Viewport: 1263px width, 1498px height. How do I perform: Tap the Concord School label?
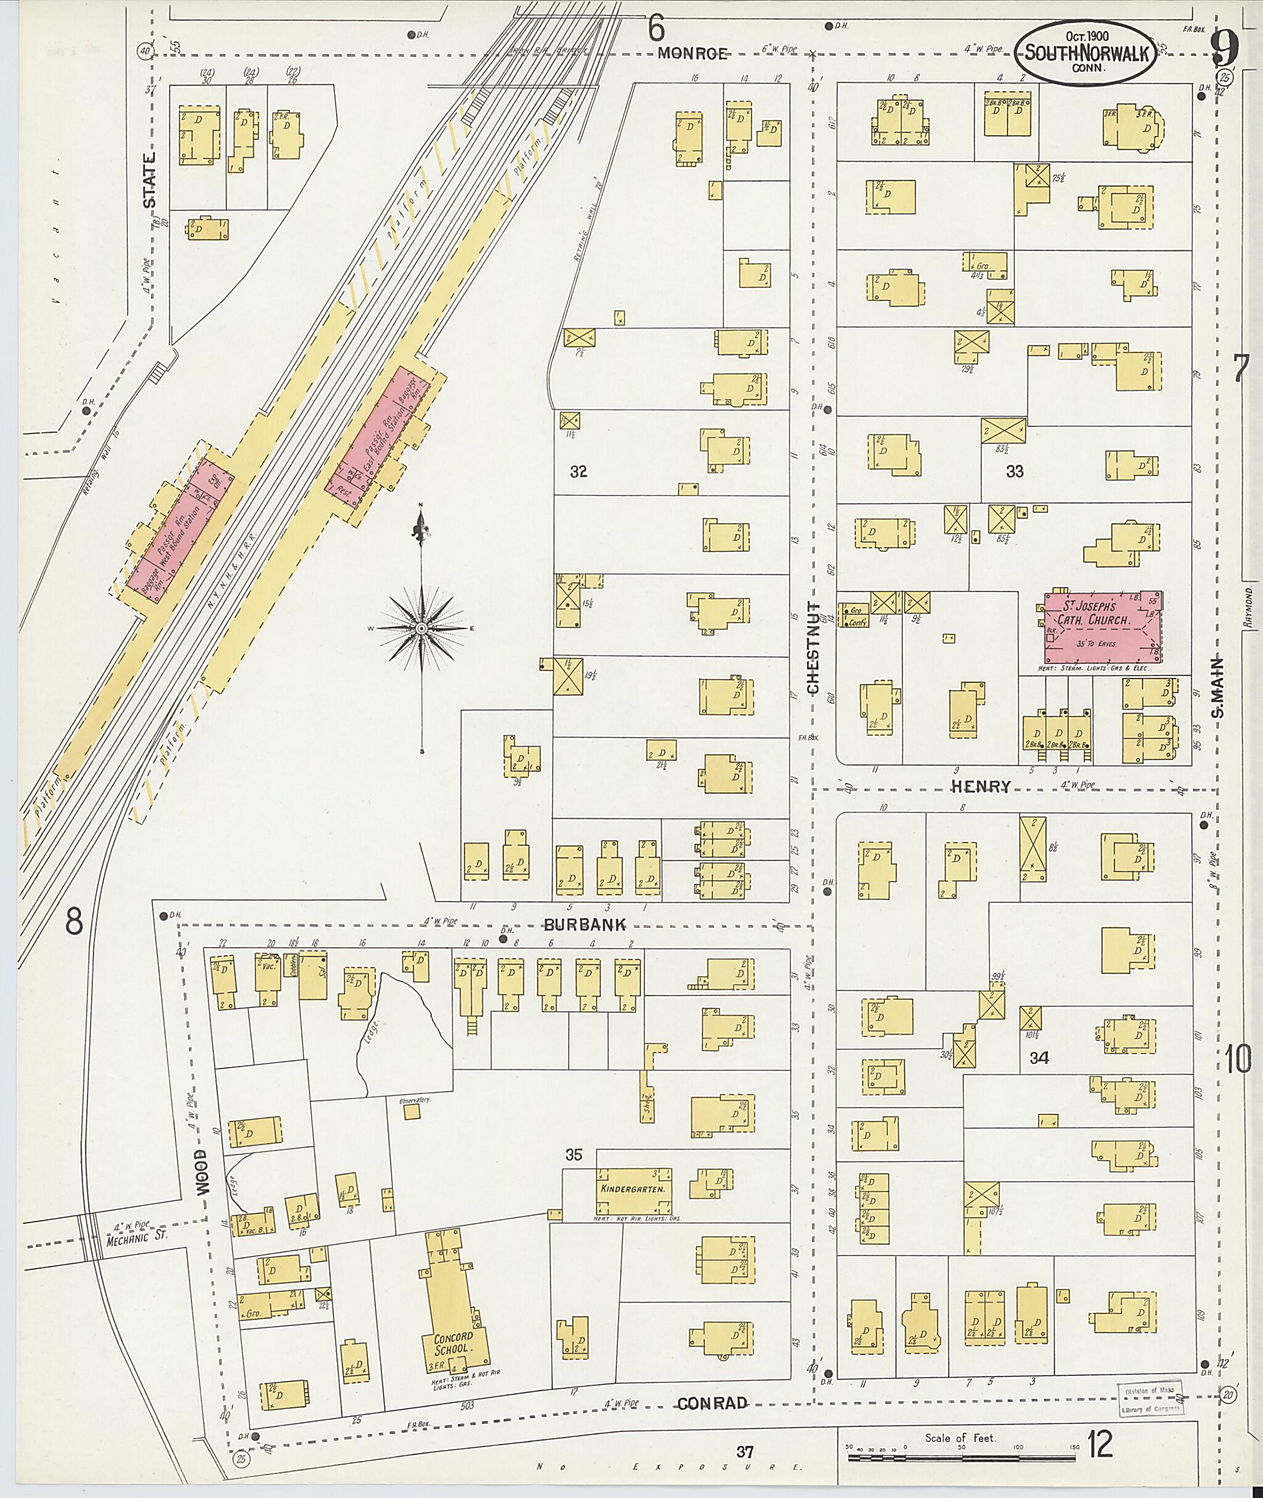point(453,1342)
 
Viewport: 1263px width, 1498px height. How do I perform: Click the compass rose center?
point(422,628)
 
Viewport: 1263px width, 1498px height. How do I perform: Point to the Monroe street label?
point(693,52)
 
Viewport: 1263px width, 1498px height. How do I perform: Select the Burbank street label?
point(585,924)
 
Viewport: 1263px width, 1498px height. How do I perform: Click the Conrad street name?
point(712,1403)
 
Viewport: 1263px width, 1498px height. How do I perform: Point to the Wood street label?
point(203,1172)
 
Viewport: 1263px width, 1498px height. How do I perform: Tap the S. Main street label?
point(1218,688)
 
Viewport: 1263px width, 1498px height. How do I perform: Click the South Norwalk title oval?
point(1085,53)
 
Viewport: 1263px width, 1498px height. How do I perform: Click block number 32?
point(578,472)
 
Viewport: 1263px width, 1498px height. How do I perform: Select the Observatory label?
point(410,1099)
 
